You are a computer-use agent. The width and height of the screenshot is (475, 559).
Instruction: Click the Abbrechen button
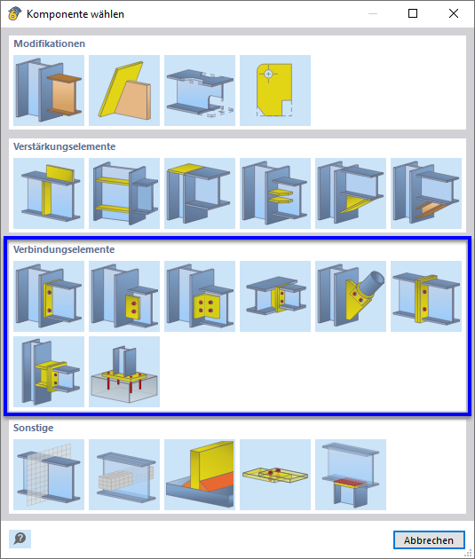pyautogui.click(x=429, y=540)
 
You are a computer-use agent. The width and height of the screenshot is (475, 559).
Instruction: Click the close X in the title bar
pyautogui.click(x=454, y=13)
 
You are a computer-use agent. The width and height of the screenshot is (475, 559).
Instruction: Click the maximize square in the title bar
pyautogui.click(x=413, y=13)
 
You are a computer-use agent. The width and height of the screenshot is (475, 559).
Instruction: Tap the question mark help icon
pyautogui.click(x=20, y=539)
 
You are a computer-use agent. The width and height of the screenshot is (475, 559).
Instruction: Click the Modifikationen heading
pyautogui.click(x=49, y=43)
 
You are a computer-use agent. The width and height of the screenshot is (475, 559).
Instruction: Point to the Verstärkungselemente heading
pyautogui.click(x=64, y=146)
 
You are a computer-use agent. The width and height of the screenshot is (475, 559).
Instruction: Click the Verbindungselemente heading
pyautogui.click(x=64, y=249)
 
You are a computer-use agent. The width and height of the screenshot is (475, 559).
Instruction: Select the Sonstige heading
pyautogui.click(x=33, y=428)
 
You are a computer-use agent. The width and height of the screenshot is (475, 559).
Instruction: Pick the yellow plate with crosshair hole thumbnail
pyautogui.click(x=275, y=91)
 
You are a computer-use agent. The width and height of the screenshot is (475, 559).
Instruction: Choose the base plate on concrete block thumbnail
pyautogui.click(x=124, y=372)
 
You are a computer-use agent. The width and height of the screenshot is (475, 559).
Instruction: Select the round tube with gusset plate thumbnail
pyautogui.click(x=351, y=296)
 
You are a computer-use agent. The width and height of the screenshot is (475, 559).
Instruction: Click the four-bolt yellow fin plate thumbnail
pyautogui.click(x=200, y=296)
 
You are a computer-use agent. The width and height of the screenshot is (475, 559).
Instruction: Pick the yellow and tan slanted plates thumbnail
pyautogui.click(x=124, y=91)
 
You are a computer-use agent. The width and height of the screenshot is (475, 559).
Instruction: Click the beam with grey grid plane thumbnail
pyautogui.click(x=49, y=475)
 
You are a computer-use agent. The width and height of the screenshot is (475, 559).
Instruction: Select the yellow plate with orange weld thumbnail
pyautogui.click(x=200, y=475)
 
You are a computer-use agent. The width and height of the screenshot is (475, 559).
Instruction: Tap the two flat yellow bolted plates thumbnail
pyautogui.click(x=275, y=475)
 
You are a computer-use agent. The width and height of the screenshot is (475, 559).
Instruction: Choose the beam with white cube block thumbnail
pyautogui.click(x=124, y=475)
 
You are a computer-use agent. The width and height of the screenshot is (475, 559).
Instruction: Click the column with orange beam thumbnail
pyautogui.click(x=49, y=91)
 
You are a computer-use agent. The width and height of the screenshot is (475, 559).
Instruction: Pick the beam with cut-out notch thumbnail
pyautogui.click(x=200, y=91)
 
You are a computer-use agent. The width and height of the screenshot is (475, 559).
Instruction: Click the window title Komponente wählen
pyautogui.click(x=75, y=14)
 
